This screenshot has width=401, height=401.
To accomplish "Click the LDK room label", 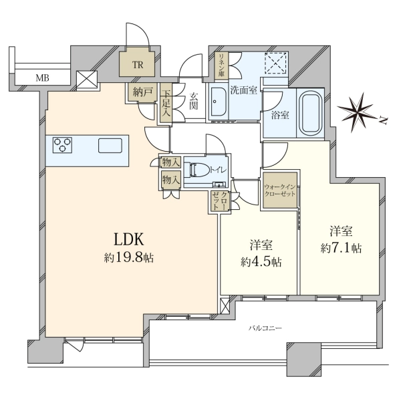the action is (x=128, y=240).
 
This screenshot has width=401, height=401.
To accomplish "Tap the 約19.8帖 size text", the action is (x=128, y=258).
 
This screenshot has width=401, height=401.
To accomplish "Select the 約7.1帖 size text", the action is (x=341, y=248).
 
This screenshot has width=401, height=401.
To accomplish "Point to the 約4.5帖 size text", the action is (x=261, y=261).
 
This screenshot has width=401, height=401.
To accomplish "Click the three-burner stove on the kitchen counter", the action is (x=62, y=145).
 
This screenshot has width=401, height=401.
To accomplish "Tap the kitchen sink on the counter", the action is (x=110, y=146).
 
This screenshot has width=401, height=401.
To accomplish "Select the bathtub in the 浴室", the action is (x=311, y=113).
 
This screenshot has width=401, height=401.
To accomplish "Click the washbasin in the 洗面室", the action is (x=218, y=102).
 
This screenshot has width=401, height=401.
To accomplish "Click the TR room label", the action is (x=138, y=65).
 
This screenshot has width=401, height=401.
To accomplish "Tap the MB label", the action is (x=43, y=78).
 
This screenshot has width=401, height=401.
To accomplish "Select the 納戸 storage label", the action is (x=142, y=92).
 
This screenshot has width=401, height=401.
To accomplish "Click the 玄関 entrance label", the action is (x=194, y=101).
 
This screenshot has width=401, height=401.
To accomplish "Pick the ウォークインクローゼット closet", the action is (x=280, y=190).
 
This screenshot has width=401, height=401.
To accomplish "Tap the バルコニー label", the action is (x=265, y=328).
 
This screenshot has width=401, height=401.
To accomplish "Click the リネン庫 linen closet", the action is (x=221, y=65).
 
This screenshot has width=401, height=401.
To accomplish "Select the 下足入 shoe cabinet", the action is (x=166, y=103).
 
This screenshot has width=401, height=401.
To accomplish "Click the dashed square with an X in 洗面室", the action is (x=275, y=63).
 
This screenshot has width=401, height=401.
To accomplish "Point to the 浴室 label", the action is (x=280, y=116).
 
